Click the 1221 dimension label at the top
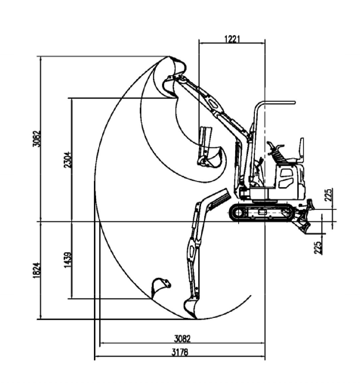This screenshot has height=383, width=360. tap(232, 39)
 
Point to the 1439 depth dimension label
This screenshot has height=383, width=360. tap(67, 259)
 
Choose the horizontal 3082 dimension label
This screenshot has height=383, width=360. tap(182, 339)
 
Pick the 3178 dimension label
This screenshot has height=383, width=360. tap(180, 352)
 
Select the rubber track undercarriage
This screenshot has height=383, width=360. tap(262, 212)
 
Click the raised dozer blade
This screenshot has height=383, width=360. tap(310, 204)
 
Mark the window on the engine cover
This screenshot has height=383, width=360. tap(286, 174)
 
